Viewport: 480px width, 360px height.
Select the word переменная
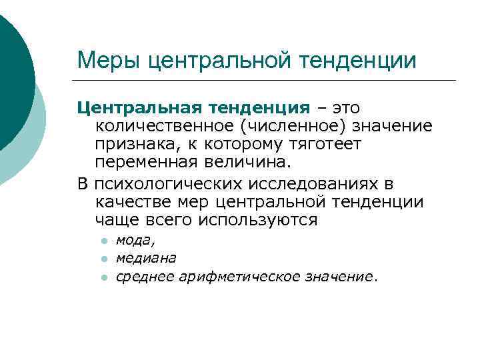(147, 162)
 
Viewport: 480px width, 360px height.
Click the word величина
(249, 162)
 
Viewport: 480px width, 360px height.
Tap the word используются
(263, 220)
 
